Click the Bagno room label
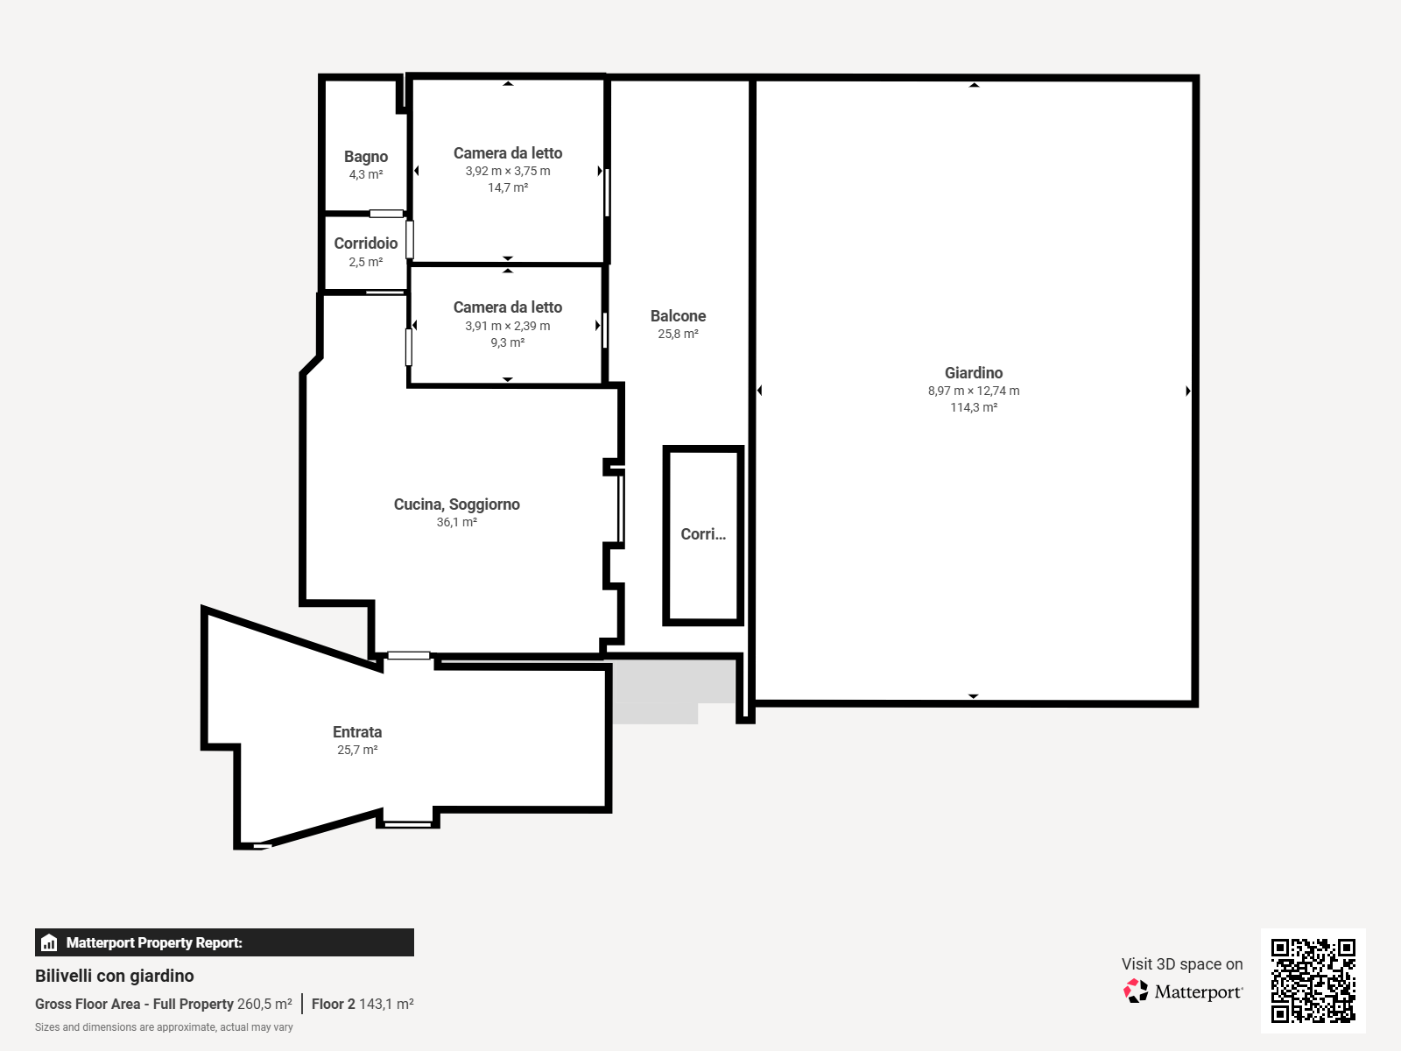tap(366, 157)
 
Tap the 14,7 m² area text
tap(507, 187)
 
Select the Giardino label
tap(974, 373)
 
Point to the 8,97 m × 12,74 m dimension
tap(974, 391)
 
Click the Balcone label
tap(678, 316)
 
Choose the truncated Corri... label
tap(703, 534)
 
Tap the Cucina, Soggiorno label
tap(456, 504)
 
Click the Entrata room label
tap(356, 732)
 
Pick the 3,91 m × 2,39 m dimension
tap(507, 326)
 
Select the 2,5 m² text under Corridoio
tap(366, 262)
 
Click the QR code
tap(1313, 980)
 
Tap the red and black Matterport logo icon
tap(1136, 991)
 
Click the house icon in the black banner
tap(49, 942)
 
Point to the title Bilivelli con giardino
tap(114, 976)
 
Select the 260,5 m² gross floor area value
tap(264, 1004)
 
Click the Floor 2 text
tap(334, 1004)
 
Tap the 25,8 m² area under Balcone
tap(678, 334)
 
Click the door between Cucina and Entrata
tap(409, 655)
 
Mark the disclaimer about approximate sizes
tap(164, 1027)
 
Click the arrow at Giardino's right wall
tap(1188, 391)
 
